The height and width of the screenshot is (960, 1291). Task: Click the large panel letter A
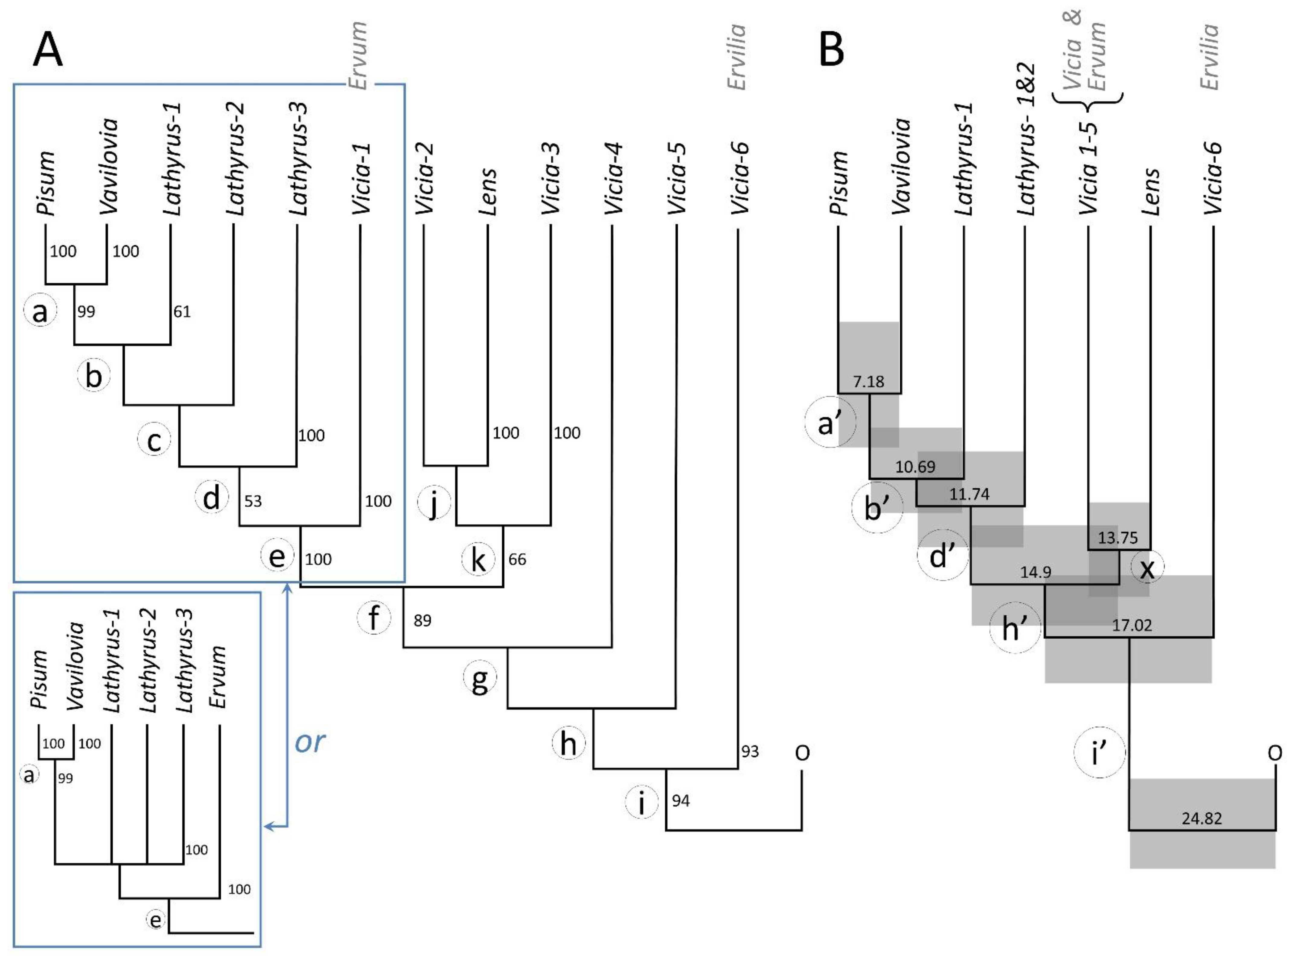[48, 51]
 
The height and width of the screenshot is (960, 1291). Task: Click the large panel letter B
[831, 51]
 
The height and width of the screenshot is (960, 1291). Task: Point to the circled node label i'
[1099, 754]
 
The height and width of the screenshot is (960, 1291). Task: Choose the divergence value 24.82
[1201, 818]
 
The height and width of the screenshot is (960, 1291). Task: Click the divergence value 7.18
[868, 381]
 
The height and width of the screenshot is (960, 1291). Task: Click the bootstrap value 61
[182, 312]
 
